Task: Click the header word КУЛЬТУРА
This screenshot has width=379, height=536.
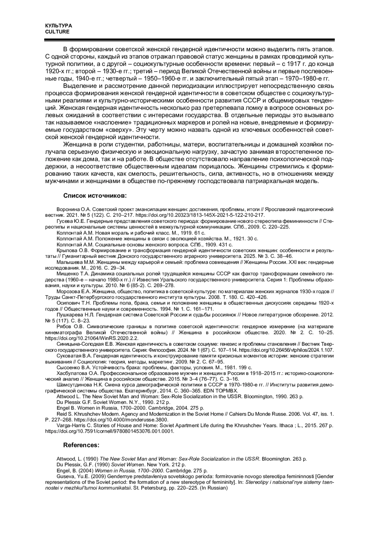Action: point(58,26)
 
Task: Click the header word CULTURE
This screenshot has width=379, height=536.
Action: point(57,32)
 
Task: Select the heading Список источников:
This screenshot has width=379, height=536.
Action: point(95,196)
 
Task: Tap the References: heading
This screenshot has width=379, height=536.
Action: point(81,445)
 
